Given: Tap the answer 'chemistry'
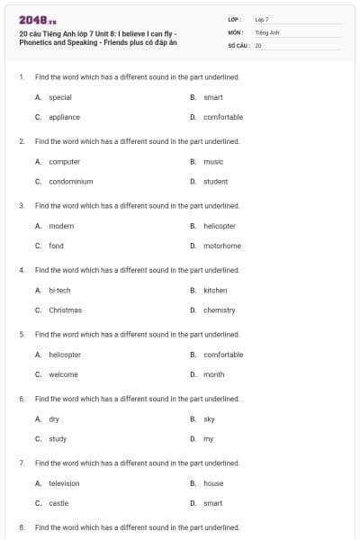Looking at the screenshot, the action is pyautogui.click(x=220, y=310).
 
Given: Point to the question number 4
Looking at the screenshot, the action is pyautogui.click(x=21, y=270).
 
